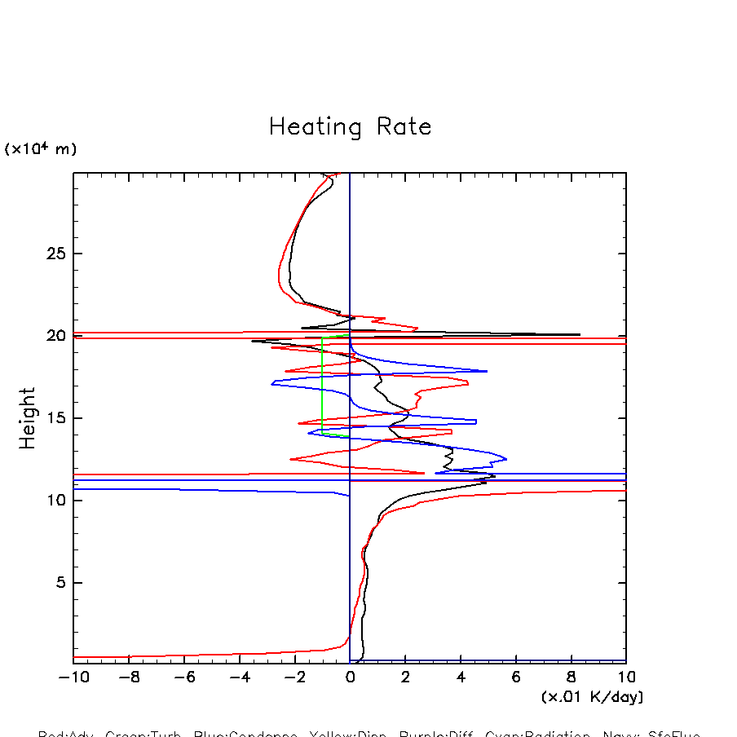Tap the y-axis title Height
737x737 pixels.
[28, 417]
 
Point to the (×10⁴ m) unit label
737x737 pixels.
[41, 149]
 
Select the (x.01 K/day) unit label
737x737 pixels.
[592, 697]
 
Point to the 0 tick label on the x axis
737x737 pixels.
[350, 677]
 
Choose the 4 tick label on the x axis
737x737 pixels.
[461, 677]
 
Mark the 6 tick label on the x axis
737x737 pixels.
[516, 677]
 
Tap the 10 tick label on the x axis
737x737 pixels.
[625, 677]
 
